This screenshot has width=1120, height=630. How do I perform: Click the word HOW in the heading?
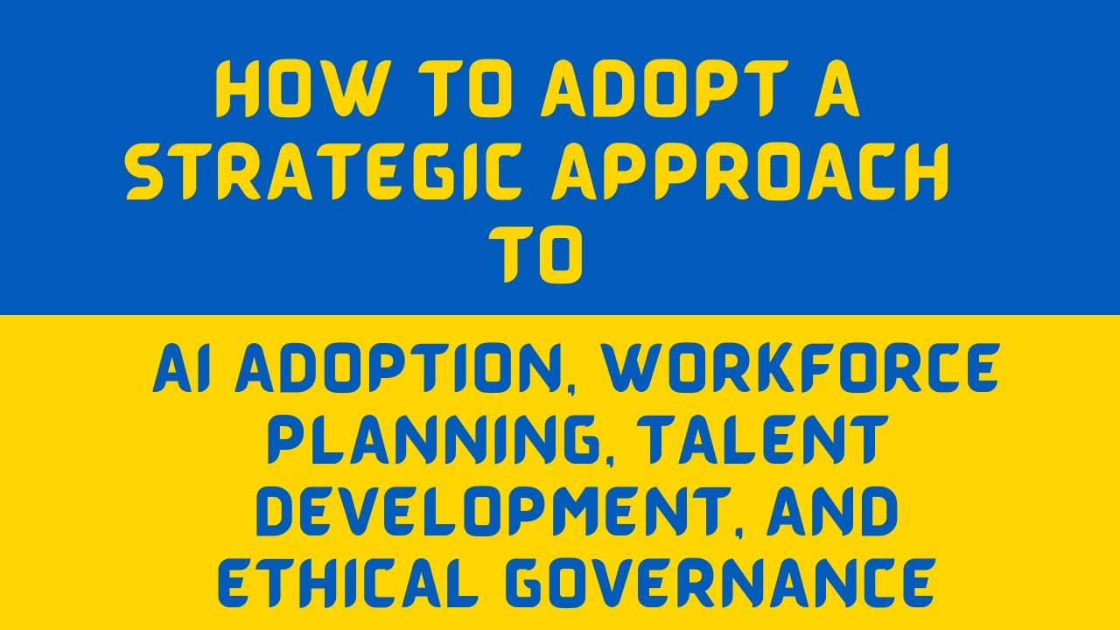pyautogui.click(x=295, y=89)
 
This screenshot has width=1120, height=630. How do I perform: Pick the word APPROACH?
pyautogui.click(x=750, y=171)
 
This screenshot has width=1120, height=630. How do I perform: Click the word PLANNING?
pyautogui.click(x=432, y=439)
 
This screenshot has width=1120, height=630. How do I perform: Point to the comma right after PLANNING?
pyautogui.click(x=607, y=460)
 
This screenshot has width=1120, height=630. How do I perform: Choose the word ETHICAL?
pyautogui.click(x=346, y=583)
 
